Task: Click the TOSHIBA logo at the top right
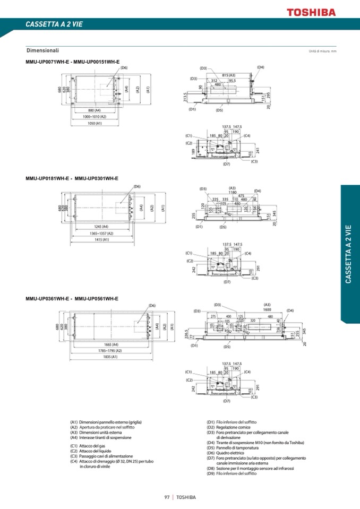coord(311,12)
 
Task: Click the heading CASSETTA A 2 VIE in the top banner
coord(54,24)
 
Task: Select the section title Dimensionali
coord(42,50)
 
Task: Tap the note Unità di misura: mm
coord(322,51)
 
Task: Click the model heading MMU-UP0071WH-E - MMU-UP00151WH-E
coord(73,62)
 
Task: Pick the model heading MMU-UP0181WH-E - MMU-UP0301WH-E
coord(72,178)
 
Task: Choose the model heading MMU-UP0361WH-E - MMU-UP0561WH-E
coord(72,298)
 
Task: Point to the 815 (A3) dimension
coord(229,75)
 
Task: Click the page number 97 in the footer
coord(167,497)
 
